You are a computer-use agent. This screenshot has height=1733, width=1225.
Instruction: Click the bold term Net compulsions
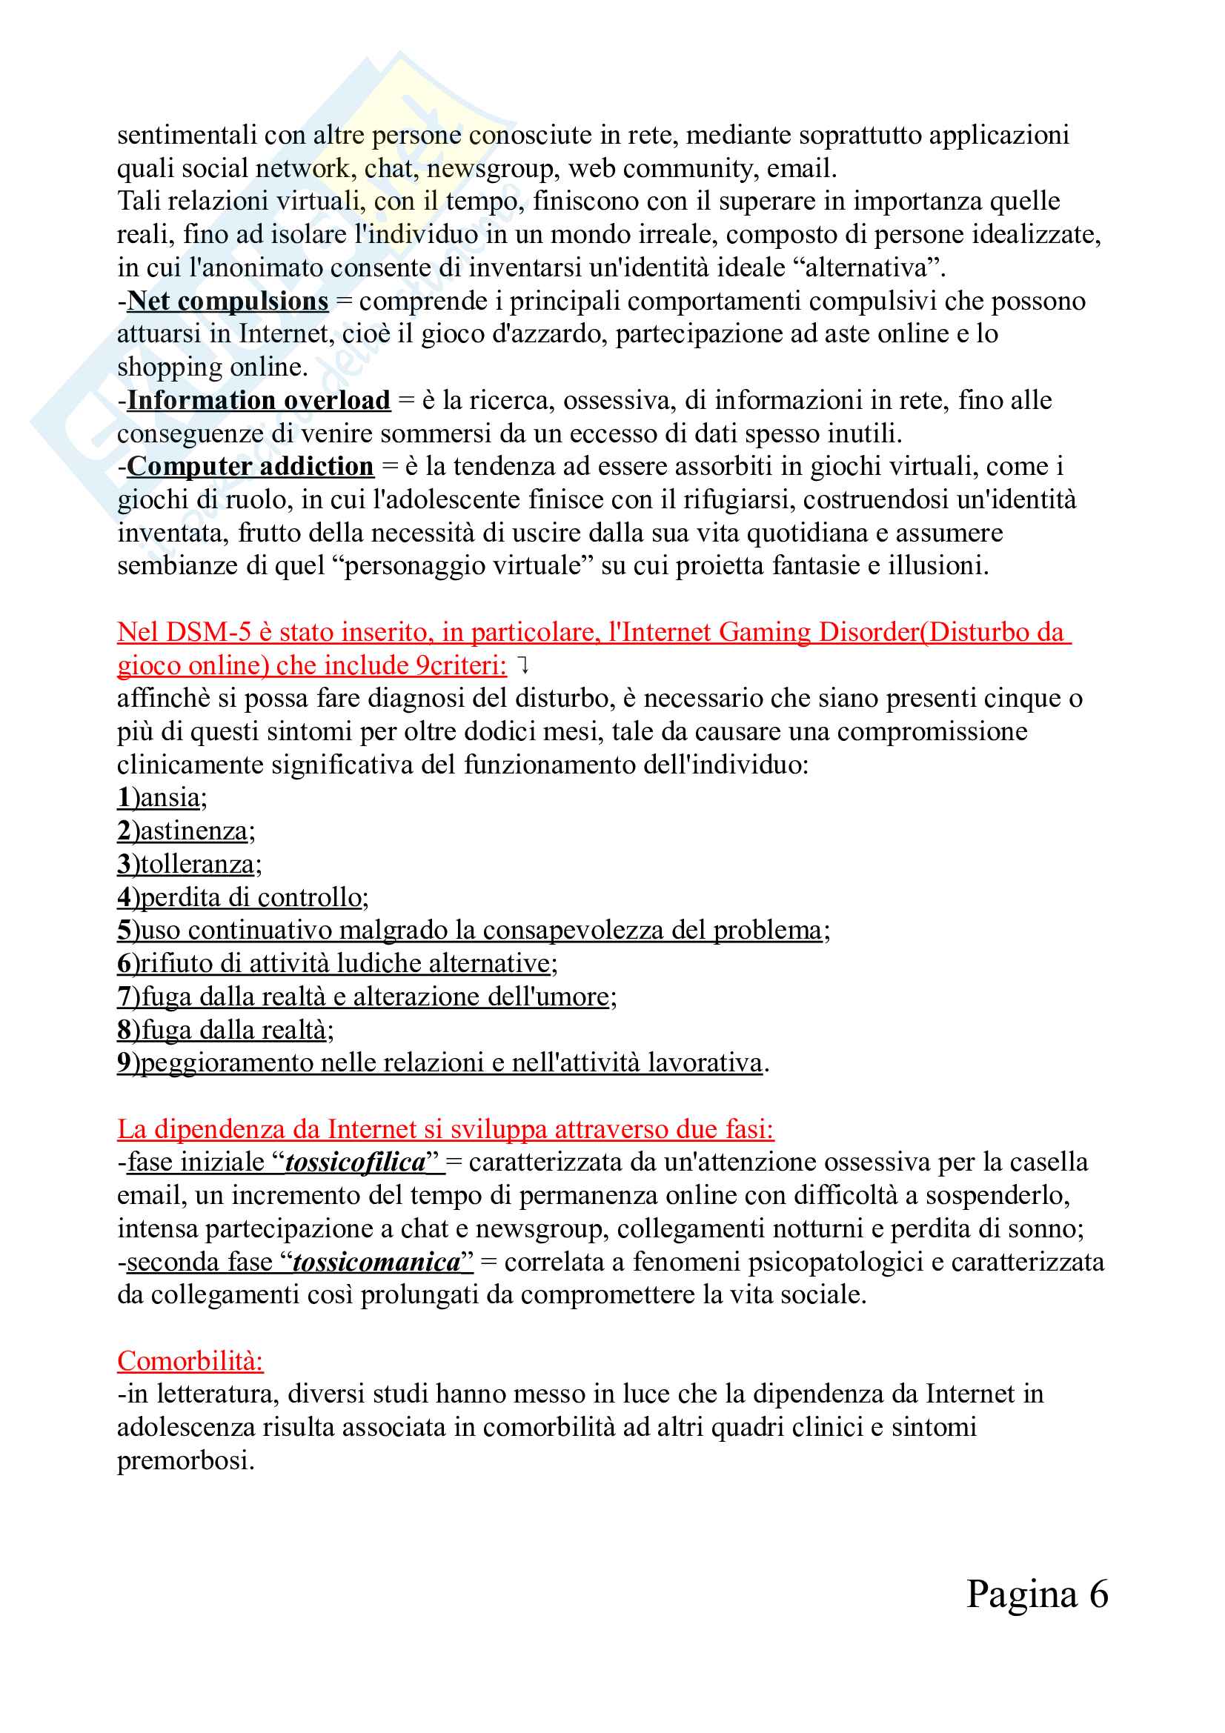pyautogui.click(x=228, y=301)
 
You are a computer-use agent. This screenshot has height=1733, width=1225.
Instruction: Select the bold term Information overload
pyautogui.click(x=258, y=400)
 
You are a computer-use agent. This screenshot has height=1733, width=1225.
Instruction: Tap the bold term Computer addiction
pyautogui.click(x=250, y=467)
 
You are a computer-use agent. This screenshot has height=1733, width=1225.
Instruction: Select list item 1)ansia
pyautogui.click(x=162, y=798)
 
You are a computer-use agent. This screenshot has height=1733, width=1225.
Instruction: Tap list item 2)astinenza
pyautogui.click(x=186, y=831)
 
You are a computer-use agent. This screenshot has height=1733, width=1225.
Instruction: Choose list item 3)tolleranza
pyautogui.click(x=189, y=864)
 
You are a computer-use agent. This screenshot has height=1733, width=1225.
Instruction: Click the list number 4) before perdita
pyautogui.click(x=128, y=897)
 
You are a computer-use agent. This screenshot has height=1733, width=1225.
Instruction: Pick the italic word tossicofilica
pyautogui.click(x=356, y=1162)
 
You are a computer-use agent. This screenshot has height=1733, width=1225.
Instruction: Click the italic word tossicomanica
pyautogui.click(x=376, y=1262)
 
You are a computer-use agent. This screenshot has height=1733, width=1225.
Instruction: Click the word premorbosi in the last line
pyautogui.click(x=185, y=1460)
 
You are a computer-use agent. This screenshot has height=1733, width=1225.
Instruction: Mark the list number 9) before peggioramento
pyautogui.click(x=128, y=1062)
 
